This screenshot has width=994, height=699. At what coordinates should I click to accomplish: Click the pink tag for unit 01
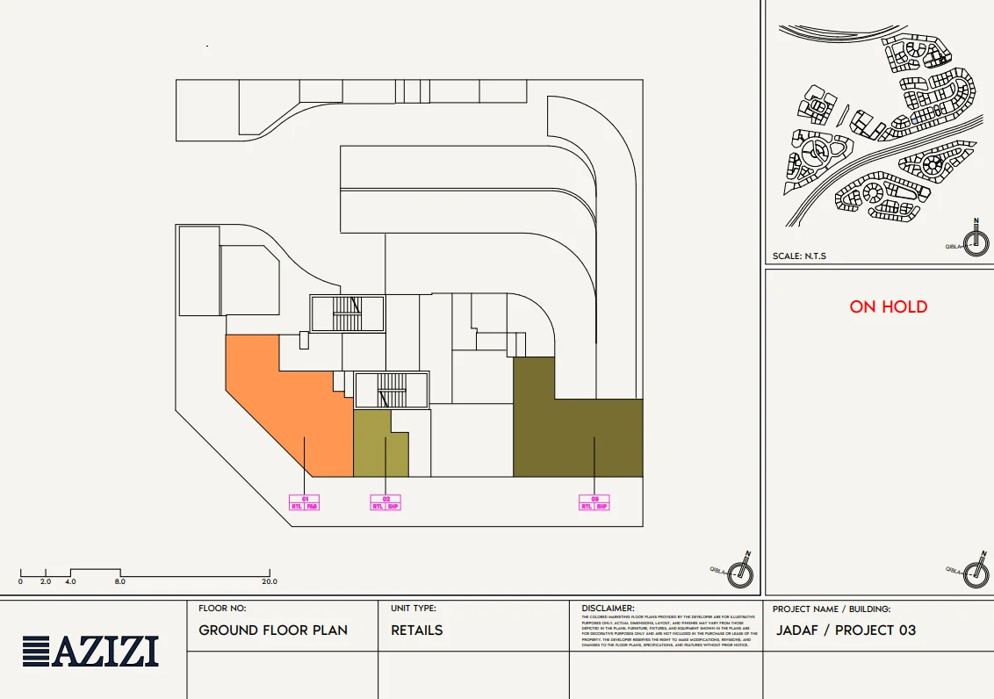[305, 502]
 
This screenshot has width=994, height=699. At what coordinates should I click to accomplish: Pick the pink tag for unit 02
[385, 502]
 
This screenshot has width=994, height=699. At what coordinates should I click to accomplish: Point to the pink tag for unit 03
[594, 502]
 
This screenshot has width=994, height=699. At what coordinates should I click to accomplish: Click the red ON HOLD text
[888, 306]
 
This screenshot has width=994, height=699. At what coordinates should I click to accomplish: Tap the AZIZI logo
[91, 652]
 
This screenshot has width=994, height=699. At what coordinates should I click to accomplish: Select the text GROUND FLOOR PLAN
[273, 631]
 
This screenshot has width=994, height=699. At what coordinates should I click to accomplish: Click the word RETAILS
[417, 631]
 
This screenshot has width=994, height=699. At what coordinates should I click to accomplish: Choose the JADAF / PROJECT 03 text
[846, 631]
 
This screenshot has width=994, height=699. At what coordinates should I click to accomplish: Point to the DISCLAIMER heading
[608, 608]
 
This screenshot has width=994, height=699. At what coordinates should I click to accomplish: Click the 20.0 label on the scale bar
[269, 581]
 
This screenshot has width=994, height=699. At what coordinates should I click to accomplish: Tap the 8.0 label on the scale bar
[119, 581]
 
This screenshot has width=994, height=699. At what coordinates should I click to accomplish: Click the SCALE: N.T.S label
[799, 256]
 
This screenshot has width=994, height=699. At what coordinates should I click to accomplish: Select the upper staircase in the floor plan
[348, 313]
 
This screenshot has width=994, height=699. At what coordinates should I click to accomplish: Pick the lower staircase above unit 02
[392, 391]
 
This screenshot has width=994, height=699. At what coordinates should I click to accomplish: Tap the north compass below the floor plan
[743, 573]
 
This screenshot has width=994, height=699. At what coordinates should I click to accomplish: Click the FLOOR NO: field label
[222, 608]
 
